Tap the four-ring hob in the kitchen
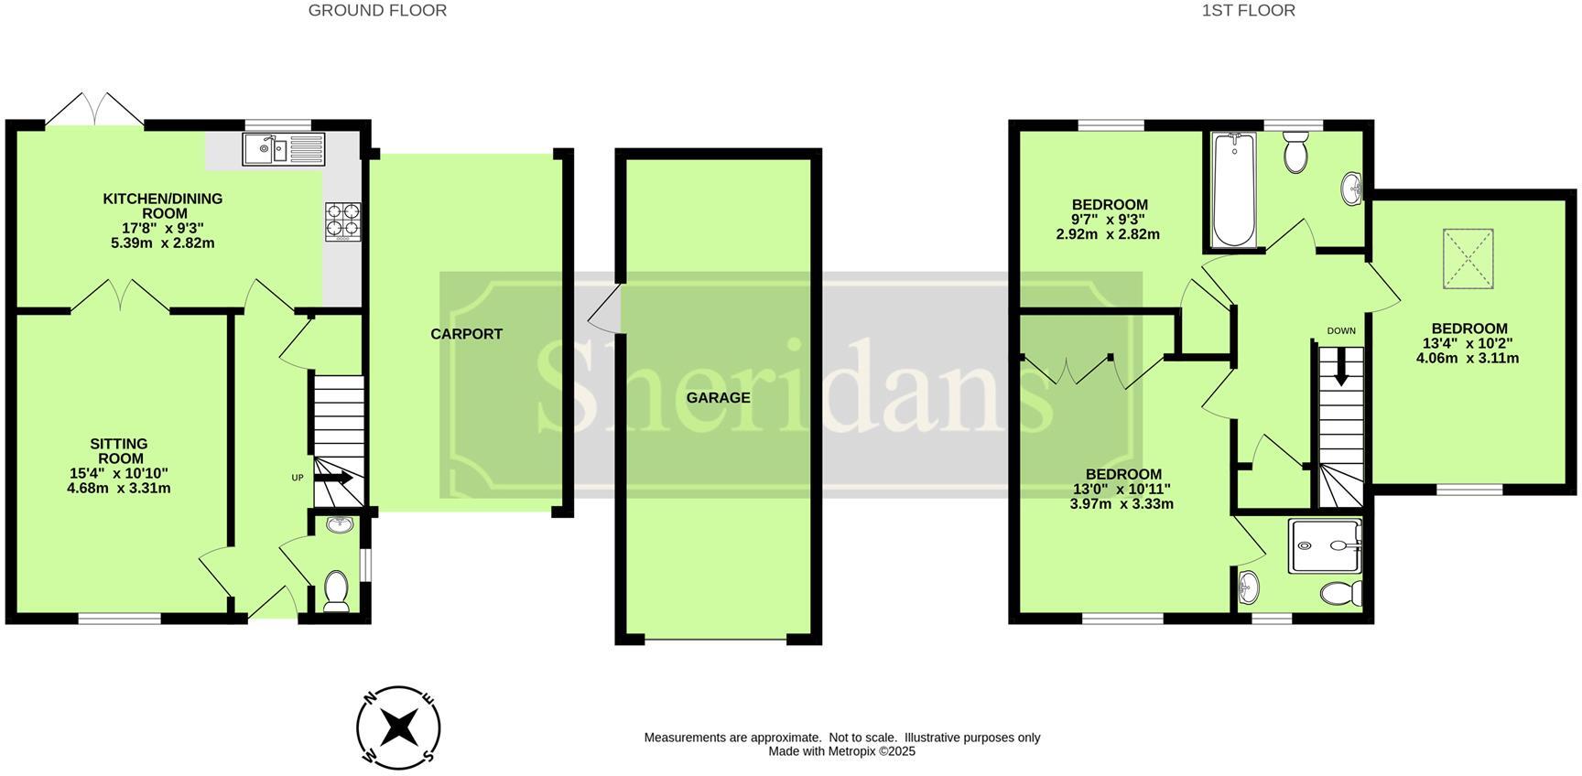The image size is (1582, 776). click(x=342, y=221)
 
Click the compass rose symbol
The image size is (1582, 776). click(x=398, y=728)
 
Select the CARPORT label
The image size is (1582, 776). click(x=466, y=334)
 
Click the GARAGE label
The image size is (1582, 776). click(x=719, y=398)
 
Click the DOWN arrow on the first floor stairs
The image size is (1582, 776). click(x=1341, y=368)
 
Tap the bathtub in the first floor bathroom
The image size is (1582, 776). click(x=1233, y=189)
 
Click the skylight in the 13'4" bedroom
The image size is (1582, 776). click(x=1468, y=260)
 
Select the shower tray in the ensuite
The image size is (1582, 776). click(x=1324, y=546)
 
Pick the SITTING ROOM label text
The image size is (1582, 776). click(x=119, y=451)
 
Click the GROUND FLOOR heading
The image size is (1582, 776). click(x=377, y=11)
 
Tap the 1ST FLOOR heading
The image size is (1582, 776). click(x=1248, y=11)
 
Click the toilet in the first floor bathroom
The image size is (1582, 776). click(x=1295, y=153)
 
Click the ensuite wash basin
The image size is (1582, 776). click(x=1246, y=586)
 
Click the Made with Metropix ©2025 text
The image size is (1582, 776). click(x=841, y=751)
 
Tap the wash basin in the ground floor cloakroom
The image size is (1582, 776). click(x=340, y=525)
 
